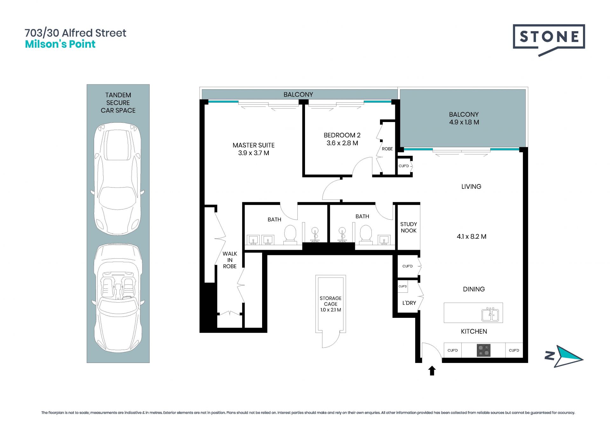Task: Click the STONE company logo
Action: click(x=549, y=40)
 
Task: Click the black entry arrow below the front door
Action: click(x=432, y=371)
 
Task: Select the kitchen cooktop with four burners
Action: click(x=484, y=350)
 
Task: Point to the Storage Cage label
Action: click(x=330, y=304)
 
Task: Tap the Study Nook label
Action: click(x=409, y=227)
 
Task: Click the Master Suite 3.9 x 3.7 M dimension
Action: click(x=254, y=153)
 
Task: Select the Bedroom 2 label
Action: click(x=342, y=135)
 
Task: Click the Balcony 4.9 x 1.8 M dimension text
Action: click(x=464, y=122)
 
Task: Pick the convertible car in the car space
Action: click(x=118, y=298)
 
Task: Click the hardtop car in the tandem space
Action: click(x=118, y=179)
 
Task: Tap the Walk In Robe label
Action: click(x=230, y=260)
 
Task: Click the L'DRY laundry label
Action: click(x=409, y=303)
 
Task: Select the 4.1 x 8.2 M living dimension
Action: click(x=471, y=236)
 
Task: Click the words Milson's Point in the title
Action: click(x=60, y=44)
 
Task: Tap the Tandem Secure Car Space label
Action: click(x=118, y=103)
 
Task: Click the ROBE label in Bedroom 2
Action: click(x=387, y=149)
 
